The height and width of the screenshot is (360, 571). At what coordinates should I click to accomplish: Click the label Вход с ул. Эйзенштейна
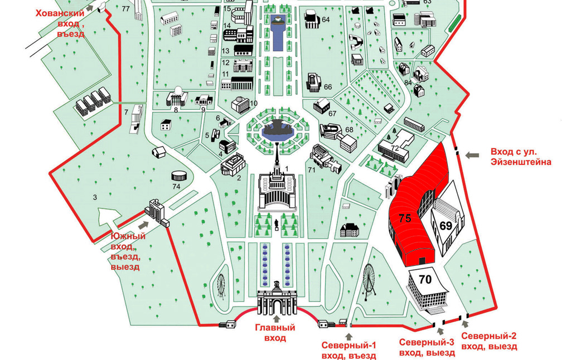point(521,157)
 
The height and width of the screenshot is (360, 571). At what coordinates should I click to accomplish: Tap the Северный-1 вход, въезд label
point(349,351)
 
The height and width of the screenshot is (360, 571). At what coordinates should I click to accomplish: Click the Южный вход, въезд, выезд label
point(125,251)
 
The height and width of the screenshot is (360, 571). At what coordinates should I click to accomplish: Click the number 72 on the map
point(395,148)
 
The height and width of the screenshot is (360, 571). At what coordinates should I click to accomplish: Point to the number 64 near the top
point(326,20)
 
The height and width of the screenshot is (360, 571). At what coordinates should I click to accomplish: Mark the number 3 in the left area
point(95,197)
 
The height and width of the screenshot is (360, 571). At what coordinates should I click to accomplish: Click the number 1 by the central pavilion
point(287,168)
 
